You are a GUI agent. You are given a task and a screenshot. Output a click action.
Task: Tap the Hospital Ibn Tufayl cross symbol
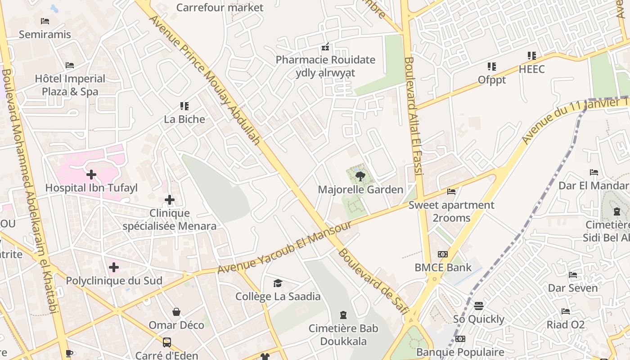point(91,174)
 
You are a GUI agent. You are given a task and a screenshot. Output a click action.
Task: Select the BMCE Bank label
point(443,267)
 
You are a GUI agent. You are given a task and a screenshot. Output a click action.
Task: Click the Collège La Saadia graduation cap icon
point(278,283)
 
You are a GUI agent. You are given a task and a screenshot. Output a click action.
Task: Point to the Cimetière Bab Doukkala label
point(343,335)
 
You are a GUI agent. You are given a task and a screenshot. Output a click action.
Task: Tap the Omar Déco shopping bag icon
point(176,312)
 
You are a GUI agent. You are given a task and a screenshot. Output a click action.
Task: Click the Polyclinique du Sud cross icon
point(114,267)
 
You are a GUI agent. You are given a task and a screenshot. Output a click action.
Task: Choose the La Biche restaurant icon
point(184,106)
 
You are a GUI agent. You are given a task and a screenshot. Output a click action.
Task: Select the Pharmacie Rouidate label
point(325,60)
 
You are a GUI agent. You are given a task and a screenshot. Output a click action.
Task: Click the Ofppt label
point(492,80)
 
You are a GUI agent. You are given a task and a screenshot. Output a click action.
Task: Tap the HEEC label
point(531,69)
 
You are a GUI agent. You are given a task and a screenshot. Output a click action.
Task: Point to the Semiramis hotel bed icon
point(45,21)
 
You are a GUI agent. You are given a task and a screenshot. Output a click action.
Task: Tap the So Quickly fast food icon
point(479,306)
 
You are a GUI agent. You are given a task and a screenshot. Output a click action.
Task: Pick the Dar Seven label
point(572,288)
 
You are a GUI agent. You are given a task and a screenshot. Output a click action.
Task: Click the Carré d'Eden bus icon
point(166,342)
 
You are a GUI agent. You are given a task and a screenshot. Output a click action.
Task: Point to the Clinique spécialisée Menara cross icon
point(170,200)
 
